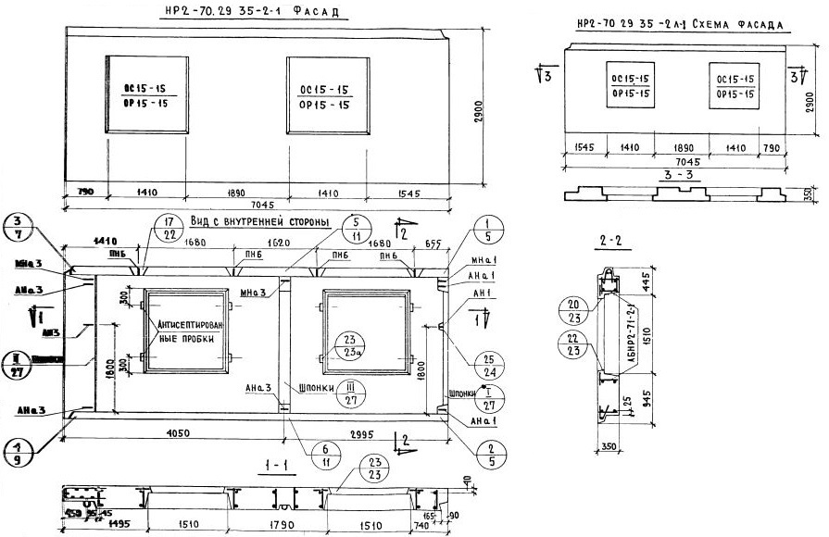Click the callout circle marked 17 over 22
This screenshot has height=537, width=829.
click(x=167, y=228)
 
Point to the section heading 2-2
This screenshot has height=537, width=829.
click(x=611, y=241)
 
